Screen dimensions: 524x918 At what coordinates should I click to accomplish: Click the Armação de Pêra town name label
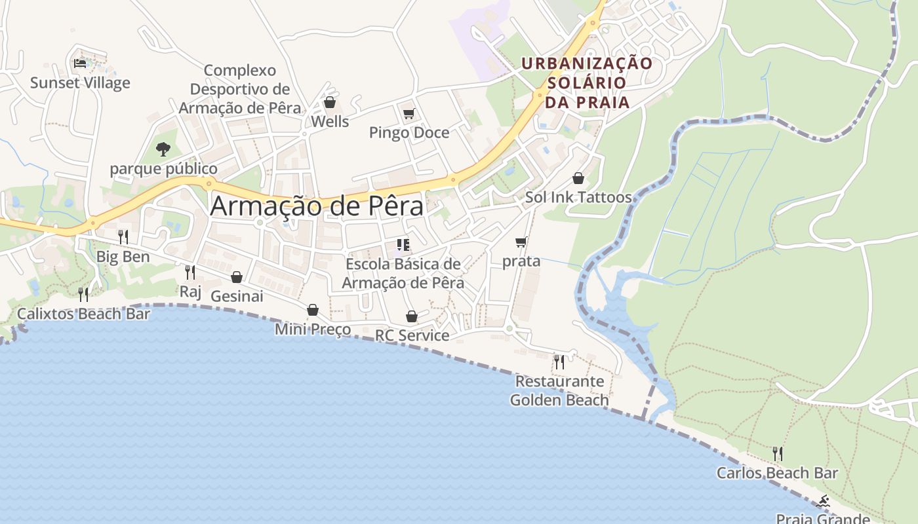click(x=317, y=206)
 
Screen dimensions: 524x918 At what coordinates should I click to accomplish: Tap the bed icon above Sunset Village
click(x=80, y=64)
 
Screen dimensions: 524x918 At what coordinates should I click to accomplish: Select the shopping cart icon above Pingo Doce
click(x=409, y=114)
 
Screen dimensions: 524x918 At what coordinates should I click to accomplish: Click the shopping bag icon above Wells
click(x=330, y=103)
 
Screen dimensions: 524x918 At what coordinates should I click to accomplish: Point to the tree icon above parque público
click(x=163, y=149)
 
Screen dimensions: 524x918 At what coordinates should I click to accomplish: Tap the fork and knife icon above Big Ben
click(x=123, y=237)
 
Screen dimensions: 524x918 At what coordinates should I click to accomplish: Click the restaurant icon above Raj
click(x=190, y=272)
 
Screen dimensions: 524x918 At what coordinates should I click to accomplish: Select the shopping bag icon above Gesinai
click(x=237, y=277)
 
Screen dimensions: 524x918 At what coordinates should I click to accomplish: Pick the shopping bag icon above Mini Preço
click(x=313, y=310)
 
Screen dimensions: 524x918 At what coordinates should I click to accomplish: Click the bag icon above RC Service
click(x=412, y=317)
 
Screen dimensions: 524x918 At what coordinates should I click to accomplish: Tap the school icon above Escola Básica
click(x=403, y=246)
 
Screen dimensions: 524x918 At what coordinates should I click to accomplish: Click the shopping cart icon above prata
click(x=521, y=242)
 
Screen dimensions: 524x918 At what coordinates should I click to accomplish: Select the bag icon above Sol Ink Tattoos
click(x=578, y=178)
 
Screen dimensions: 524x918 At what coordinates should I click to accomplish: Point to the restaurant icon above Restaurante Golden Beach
click(x=559, y=362)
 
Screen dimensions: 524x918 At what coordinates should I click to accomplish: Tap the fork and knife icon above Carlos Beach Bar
click(x=777, y=453)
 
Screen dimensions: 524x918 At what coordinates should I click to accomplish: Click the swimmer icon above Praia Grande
click(x=823, y=502)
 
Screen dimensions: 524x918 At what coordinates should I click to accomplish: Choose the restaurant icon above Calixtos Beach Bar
click(x=83, y=295)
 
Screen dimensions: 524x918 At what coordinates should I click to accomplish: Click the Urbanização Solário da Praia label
click(x=587, y=83)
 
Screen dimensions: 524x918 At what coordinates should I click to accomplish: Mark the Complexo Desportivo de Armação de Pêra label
click(x=240, y=89)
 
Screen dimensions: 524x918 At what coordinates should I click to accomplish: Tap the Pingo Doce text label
click(x=409, y=133)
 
